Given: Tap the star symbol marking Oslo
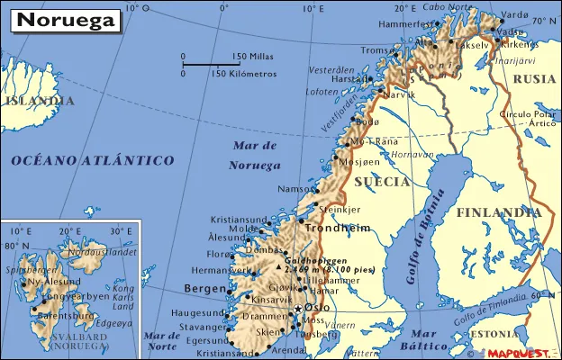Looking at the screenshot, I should [298, 310].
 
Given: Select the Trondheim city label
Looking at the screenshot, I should [339, 229].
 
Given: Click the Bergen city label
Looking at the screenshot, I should [204, 288].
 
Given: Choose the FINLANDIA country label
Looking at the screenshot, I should [497, 213].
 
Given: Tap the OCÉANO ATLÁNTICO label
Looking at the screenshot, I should [92, 160].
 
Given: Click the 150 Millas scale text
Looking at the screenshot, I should [252, 57].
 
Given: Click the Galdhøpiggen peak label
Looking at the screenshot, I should [316, 258].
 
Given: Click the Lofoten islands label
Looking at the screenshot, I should [322, 91].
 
